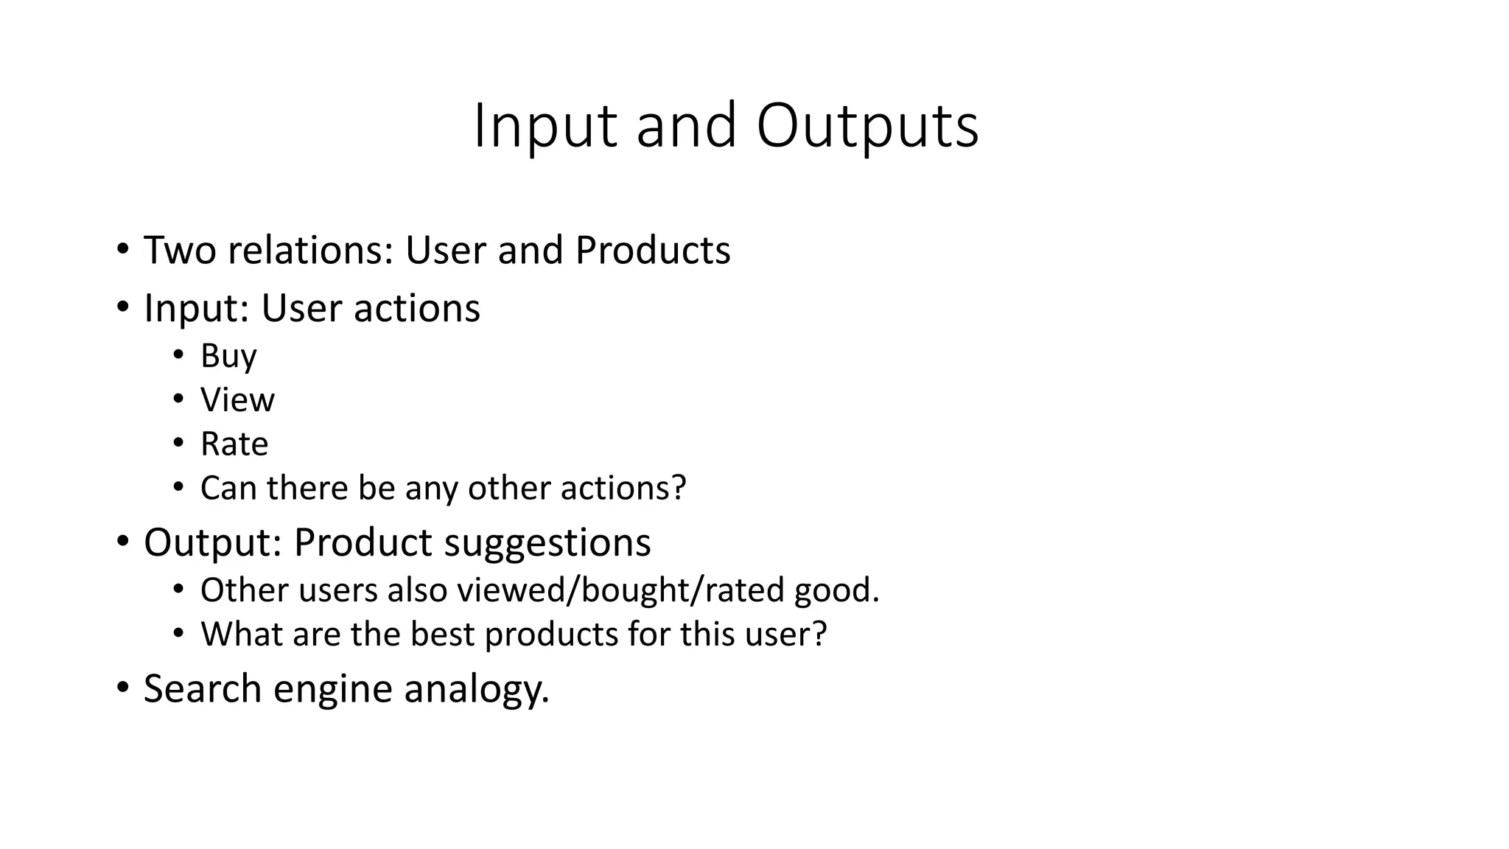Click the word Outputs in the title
pos(867,127)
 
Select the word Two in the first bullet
pos(181,251)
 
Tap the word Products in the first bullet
pos(653,251)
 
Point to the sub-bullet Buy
pos(228,357)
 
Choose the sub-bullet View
pos(237,400)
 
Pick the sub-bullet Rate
pos(234,444)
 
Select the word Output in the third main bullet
pos(207,543)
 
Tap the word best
pos(441,635)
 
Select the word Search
pos(203,689)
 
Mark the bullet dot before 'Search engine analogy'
pos(122,688)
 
